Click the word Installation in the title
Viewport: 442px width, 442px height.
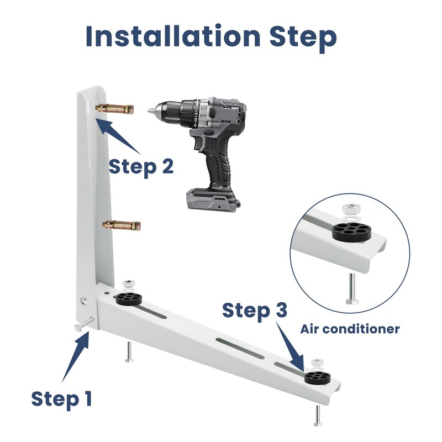[x=173, y=36]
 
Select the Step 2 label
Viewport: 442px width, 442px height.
[x=141, y=166]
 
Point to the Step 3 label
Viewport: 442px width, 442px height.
[x=255, y=311]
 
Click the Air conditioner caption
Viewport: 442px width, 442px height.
[x=350, y=329]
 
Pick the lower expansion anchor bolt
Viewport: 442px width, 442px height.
[x=122, y=225]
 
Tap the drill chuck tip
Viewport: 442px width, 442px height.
[x=151, y=110]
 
